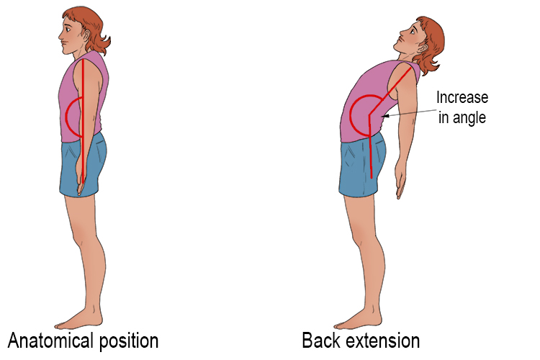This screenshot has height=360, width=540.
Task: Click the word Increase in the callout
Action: click(x=462, y=99)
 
